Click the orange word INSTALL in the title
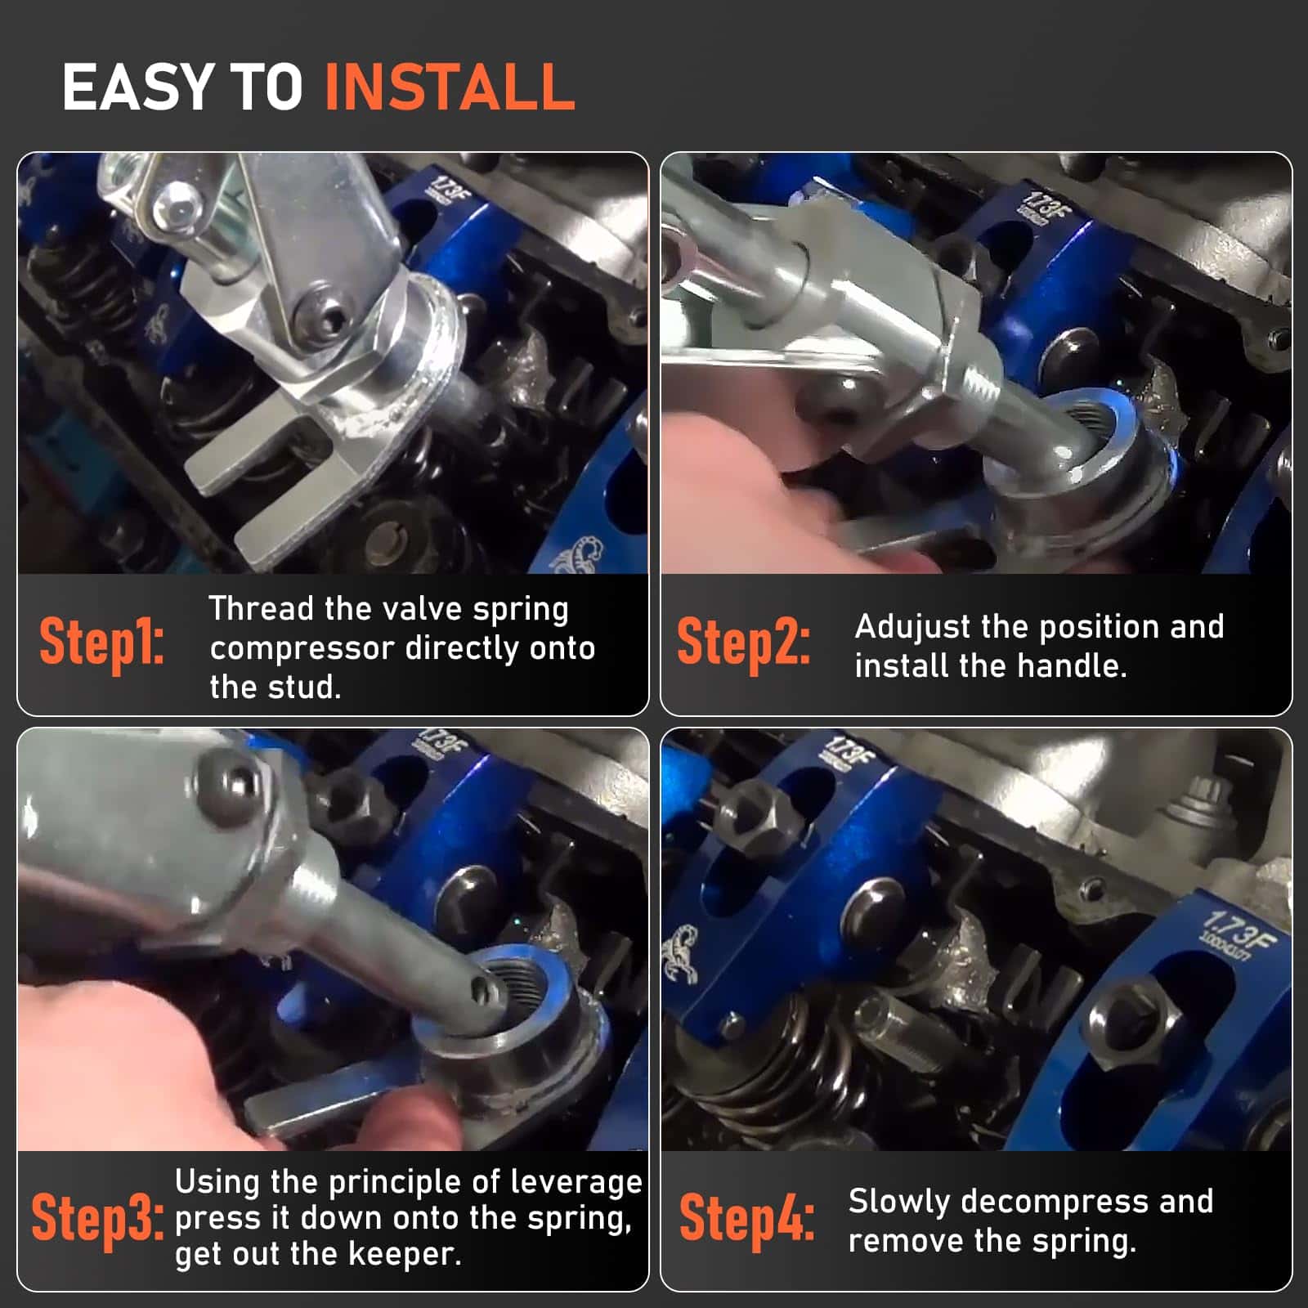(x=450, y=87)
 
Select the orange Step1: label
(x=101, y=642)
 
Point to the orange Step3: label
(x=96, y=1218)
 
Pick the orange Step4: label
(x=746, y=1218)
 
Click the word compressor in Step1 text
(x=302, y=649)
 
